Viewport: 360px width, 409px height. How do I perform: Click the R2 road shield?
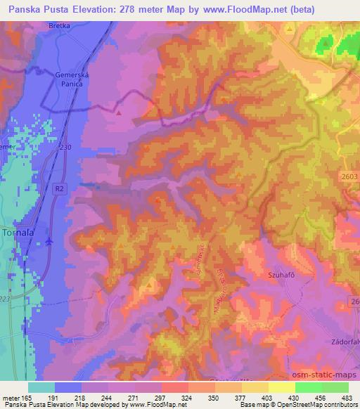point(60,189)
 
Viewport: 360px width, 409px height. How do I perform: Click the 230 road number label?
point(65,146)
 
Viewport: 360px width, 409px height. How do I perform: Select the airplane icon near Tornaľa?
point(49,242)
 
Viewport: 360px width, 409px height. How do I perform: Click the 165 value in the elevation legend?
point(26,398)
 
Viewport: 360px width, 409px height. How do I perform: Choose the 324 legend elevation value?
point(186,398)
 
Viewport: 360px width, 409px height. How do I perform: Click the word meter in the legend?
point(9,398)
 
